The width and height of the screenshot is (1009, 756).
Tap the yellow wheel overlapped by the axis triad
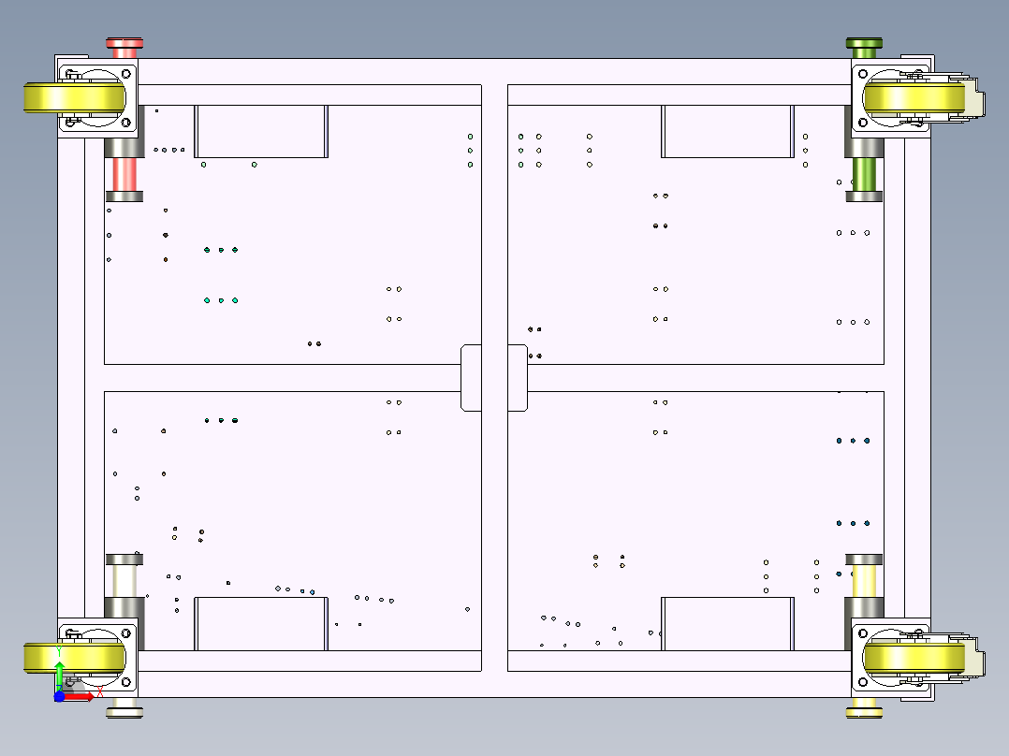(x=73, y=658)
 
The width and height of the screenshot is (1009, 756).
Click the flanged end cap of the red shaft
(x=124, y=43)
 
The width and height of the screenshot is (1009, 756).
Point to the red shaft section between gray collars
(x=124, y=174)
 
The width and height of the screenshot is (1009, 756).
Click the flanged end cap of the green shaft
(x=864, y=43)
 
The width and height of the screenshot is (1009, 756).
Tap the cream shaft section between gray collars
(x=124, y=579)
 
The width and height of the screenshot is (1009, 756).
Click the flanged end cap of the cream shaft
(x=124, y=712)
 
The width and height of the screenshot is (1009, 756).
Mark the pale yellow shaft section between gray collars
(x=864, y=579)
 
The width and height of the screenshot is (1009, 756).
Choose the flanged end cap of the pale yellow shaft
(x=864, y=712)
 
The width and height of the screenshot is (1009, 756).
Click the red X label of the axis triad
(x=100, y=692)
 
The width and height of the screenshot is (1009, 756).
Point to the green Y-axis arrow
(x=59, y=672)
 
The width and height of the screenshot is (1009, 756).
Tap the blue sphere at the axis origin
(x=59, y=696)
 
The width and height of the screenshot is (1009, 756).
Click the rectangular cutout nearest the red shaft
(x=261, y=131)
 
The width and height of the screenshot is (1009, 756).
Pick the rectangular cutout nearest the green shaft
(x=726, y=131)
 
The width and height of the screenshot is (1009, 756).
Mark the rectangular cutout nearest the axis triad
(x=261, y=623)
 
